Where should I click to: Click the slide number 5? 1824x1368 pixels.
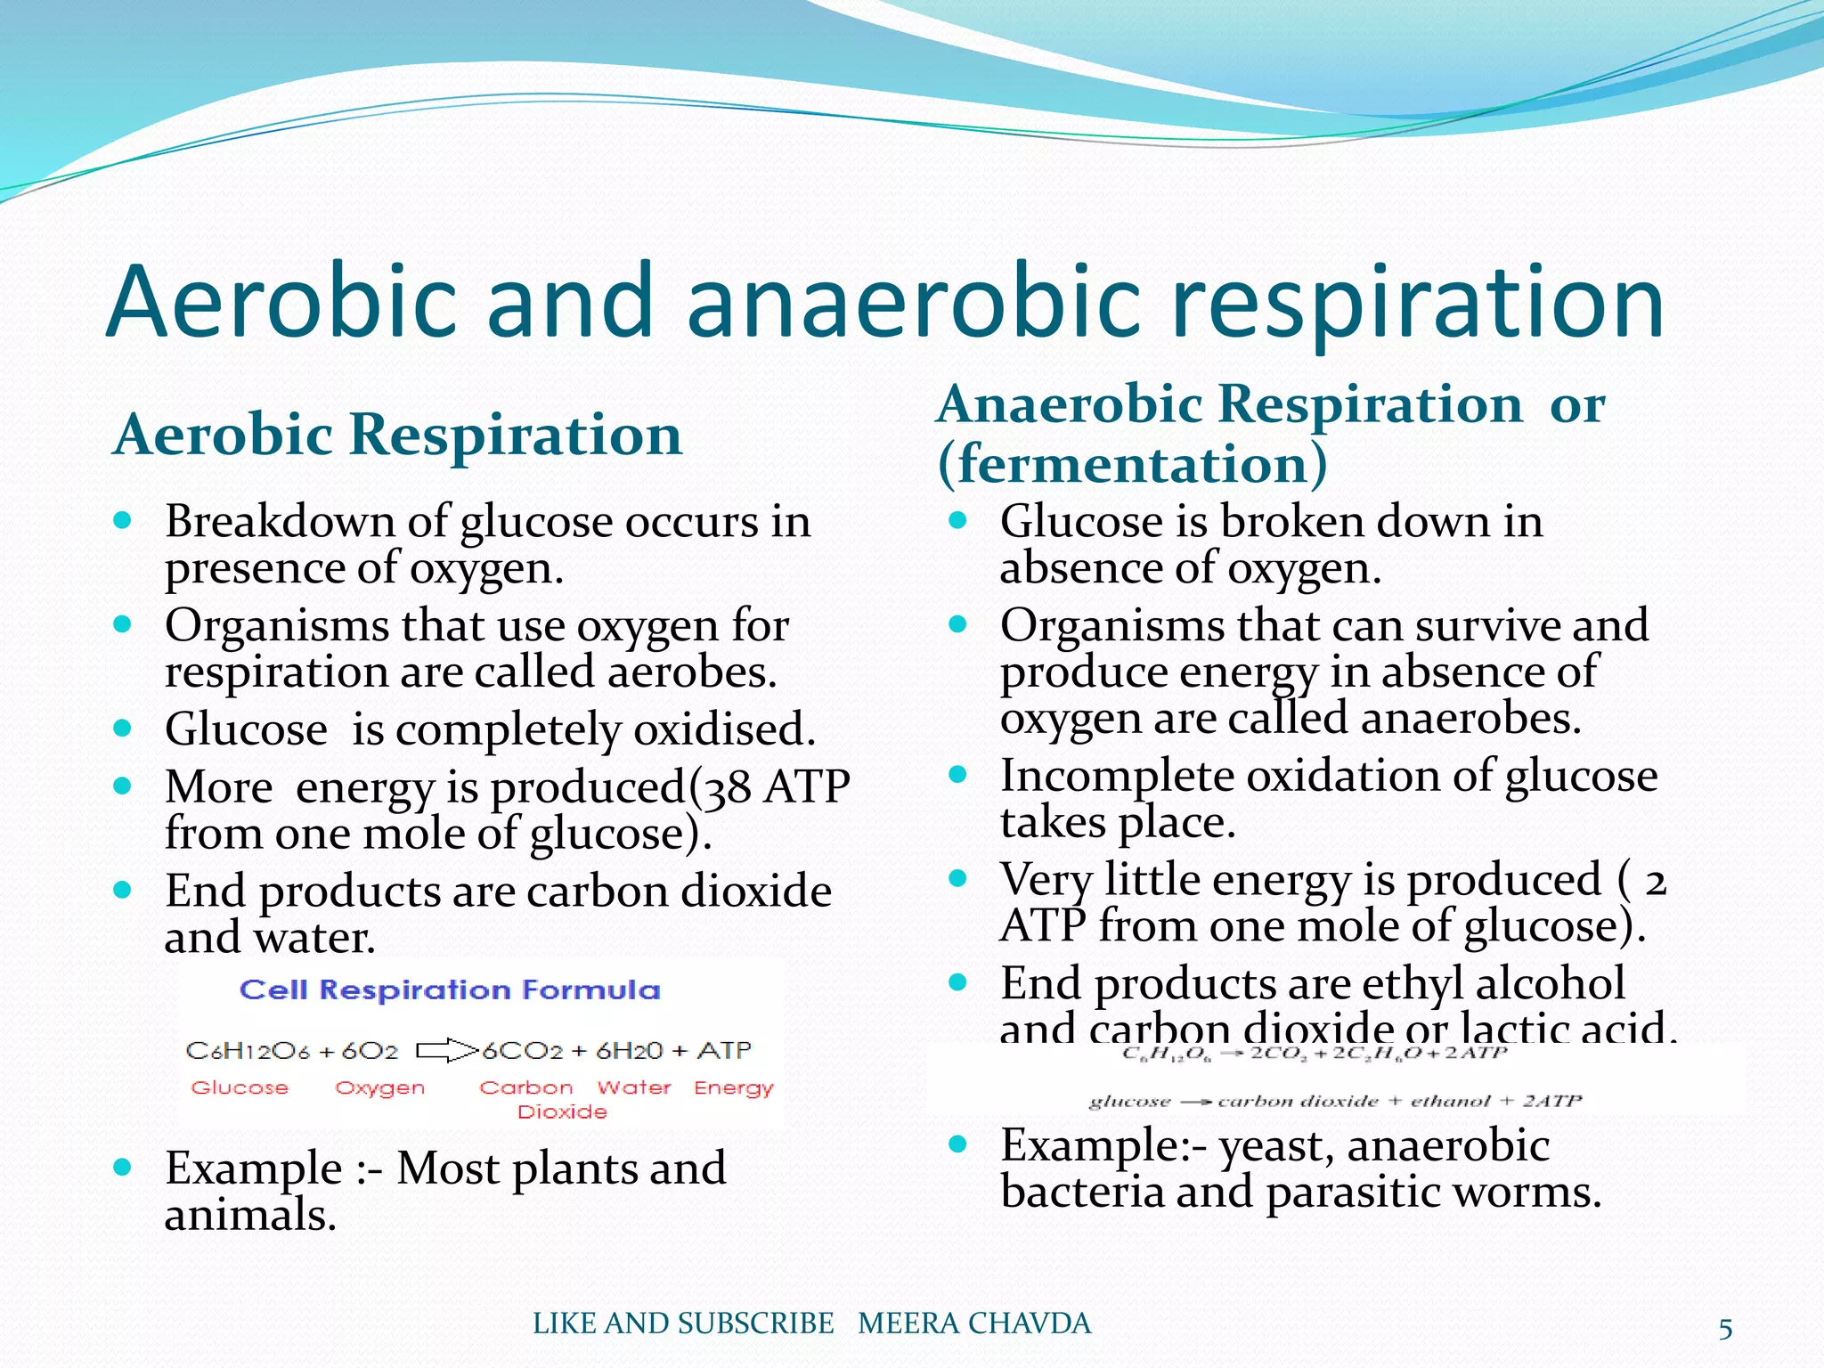(1725, 1330)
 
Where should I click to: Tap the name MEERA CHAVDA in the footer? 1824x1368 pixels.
(974, 1323)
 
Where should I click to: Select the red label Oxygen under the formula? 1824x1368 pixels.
(380, 1088)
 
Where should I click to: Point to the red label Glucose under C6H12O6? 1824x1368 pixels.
(240, 1088)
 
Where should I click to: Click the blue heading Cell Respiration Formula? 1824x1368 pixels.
(450, 990)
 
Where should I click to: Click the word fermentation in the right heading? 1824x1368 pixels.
(1132, 465)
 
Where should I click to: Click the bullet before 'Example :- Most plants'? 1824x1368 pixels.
(123, 1167)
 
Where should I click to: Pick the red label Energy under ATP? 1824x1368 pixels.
(734, 1088)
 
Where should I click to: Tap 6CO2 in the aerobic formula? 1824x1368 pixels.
(523, 1051)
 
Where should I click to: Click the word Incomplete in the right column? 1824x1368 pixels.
(1117, 777)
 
